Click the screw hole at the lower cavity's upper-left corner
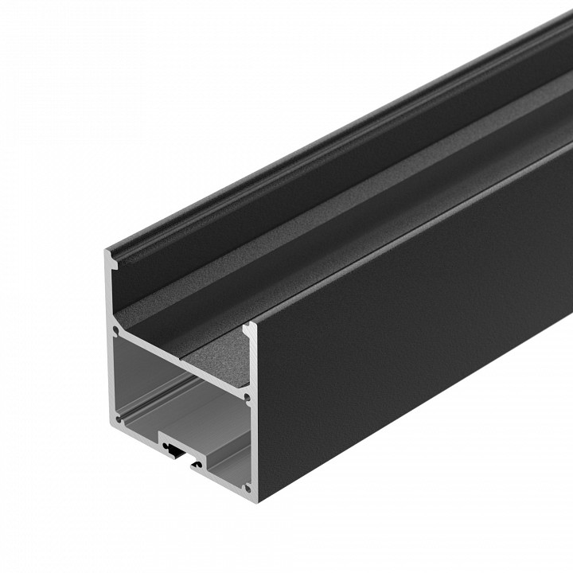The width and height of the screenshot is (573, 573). pyautogui.click(x=117, y=327)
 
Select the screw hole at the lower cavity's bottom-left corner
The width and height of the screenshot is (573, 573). pyautogui.click(x=117, y=416)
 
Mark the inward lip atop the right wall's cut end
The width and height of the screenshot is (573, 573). pyautogui.click(x=248, y=327)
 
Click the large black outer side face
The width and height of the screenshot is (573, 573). pyautogui.click(x=414, y=334)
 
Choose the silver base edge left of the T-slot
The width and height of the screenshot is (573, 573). pyautogui.click(x=135, y=430)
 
